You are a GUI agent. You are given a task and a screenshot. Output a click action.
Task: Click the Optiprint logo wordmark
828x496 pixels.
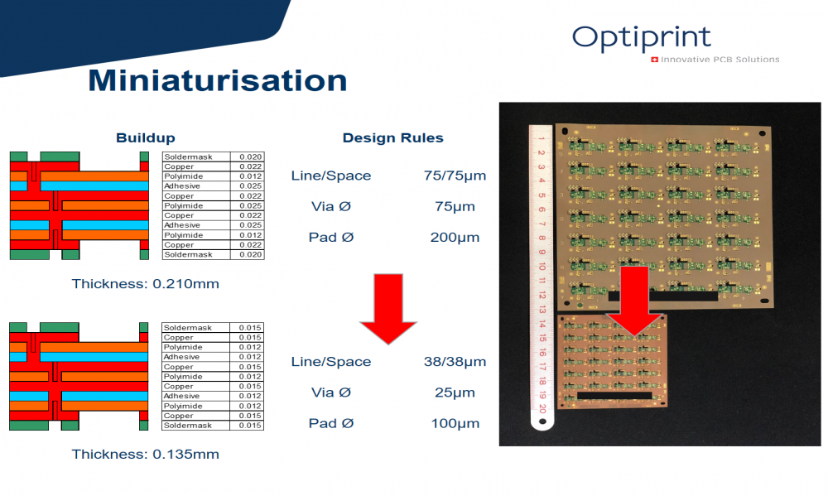[642, 38]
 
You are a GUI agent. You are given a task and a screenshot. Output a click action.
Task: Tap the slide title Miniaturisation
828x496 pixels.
[218, 80]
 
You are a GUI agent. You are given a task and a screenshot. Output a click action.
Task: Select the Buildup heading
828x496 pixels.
[145, 137]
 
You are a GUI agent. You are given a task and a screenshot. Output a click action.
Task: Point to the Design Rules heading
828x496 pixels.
[392, 137]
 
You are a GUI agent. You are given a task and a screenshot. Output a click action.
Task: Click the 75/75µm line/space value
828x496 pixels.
[455, 176]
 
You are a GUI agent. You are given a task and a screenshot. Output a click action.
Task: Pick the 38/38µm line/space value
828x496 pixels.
[455, 362]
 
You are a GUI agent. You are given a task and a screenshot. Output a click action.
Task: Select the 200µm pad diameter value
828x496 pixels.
[455, 237]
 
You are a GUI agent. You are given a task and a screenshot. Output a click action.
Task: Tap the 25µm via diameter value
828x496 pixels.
[455, 392]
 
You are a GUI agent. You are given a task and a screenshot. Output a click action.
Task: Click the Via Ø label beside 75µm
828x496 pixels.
[331, 206]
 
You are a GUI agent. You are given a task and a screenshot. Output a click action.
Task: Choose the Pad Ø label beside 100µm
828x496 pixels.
[331, 423]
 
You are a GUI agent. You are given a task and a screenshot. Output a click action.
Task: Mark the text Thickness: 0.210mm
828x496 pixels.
[145, 284]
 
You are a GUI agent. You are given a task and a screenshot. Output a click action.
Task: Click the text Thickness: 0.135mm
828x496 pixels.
[145, 455]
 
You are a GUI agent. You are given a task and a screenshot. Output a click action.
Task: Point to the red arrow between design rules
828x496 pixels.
[388, 309]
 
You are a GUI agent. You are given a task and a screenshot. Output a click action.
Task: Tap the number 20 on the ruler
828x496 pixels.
[542, 407]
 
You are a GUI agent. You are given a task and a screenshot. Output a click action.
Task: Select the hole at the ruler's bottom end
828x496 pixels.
[542, 421]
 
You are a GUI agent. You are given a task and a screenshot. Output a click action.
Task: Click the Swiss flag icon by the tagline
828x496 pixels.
[654, 60]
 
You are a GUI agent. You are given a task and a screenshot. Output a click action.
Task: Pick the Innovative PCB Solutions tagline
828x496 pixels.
[720, 60]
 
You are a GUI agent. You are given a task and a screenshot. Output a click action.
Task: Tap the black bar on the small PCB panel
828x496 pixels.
[614, 396]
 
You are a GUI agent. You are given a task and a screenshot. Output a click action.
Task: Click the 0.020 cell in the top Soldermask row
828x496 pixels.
[247, 157]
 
